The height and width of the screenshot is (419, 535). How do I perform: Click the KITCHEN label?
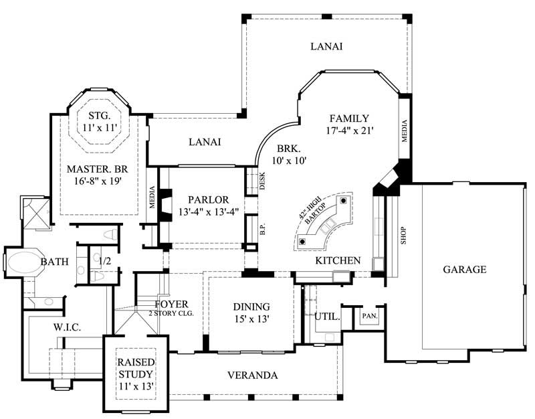point(338,260)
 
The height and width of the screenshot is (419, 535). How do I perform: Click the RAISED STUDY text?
point(136,367)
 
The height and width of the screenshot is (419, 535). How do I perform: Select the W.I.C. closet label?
point(67,327)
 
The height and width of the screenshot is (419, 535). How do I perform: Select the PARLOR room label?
point(208,199)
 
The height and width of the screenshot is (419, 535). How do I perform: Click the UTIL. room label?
point(328,317)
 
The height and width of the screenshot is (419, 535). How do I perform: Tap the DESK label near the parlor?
point(263,181)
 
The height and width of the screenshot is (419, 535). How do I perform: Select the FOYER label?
point(171,304)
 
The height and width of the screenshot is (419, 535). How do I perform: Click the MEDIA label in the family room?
point(405,131)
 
